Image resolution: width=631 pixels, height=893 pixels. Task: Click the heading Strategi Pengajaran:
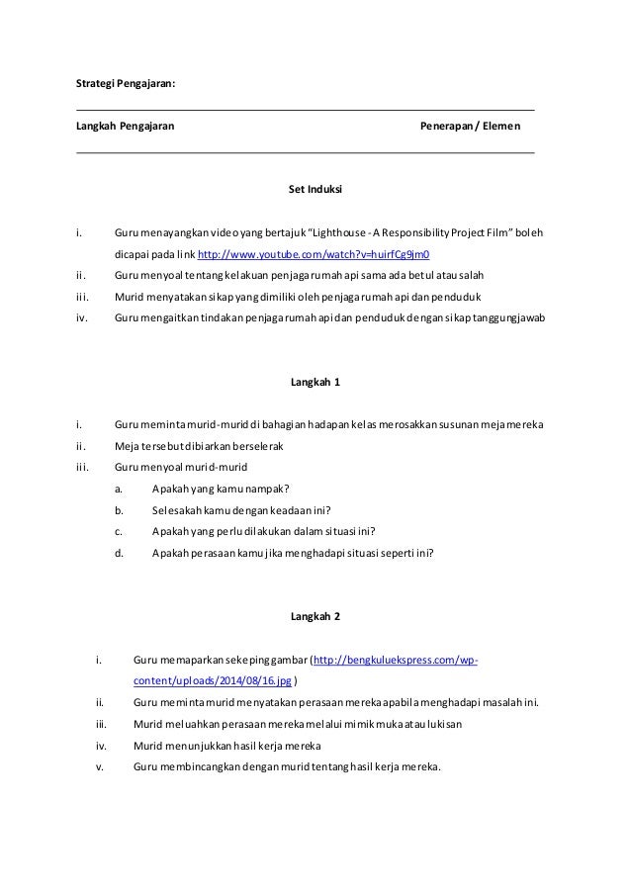coord(127,83)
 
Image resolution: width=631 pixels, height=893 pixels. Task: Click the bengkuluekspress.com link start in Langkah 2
coord(396,661)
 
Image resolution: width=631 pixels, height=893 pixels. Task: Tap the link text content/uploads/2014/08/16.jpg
coord(214,681)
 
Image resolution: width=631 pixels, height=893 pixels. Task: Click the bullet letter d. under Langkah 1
coord(119,554)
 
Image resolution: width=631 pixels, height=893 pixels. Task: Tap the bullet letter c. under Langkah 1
coord(119,532)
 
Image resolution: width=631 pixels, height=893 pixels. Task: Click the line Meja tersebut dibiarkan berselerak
coord(199,446)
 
